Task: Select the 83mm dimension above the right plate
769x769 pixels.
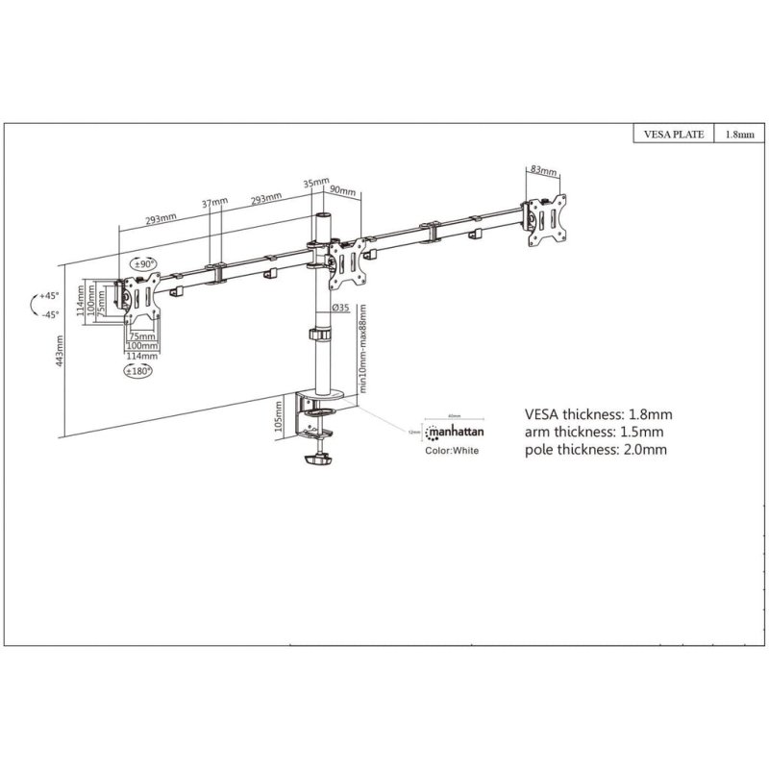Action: click(x=543, y=170)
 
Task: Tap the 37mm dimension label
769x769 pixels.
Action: click(x=215, y=203)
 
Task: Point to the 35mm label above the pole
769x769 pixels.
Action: click(x=315, y=182)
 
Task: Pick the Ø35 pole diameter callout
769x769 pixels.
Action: click(x=339, y=308)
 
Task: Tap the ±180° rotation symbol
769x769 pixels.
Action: click(x=141, y=370)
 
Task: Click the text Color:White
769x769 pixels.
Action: click(x=451, y=450)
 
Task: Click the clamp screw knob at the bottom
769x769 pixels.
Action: click(x=316, y=462)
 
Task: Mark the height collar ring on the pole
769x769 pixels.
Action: click(x=318, y=336)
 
